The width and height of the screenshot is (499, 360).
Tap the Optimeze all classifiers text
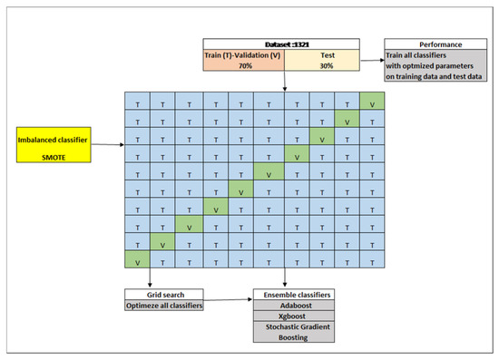[x=163, y=306]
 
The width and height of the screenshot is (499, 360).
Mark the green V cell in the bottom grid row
[x=137, y=261]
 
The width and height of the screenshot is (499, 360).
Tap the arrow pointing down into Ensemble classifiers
[x=286, y=279]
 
